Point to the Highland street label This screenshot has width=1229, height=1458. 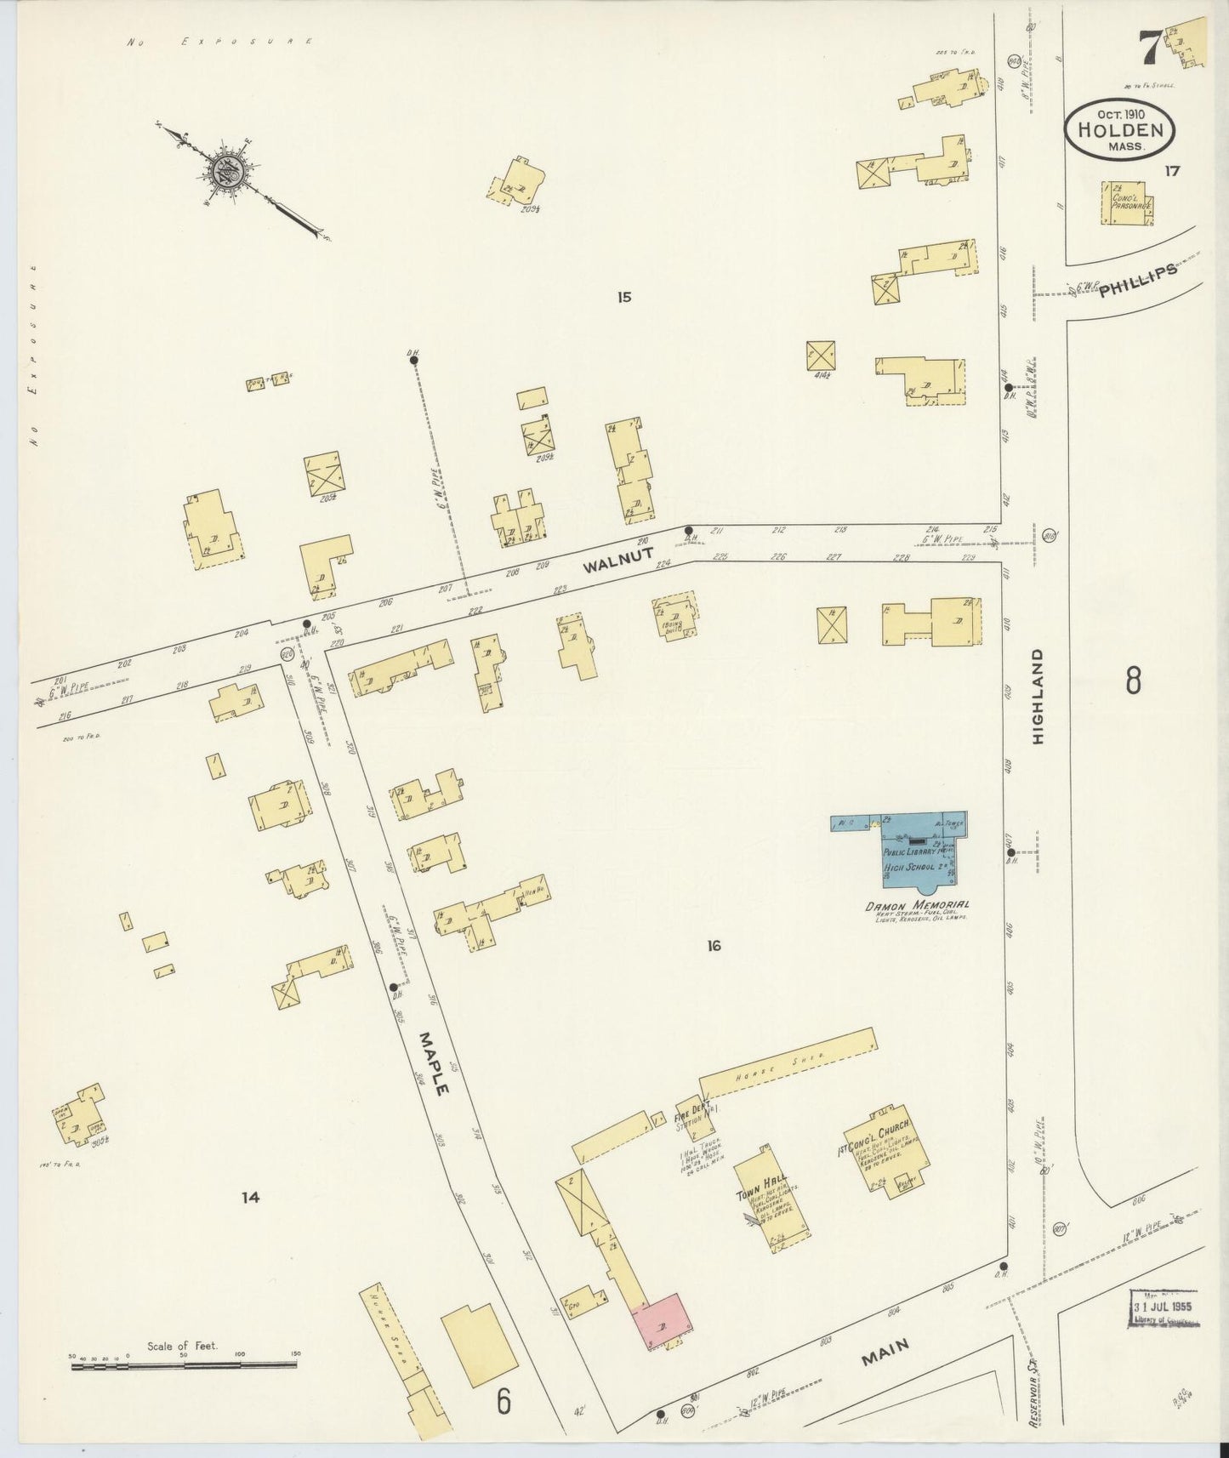tap(1038, 698)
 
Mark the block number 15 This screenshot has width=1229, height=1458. tap(625, 297)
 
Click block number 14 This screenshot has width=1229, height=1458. tap(249, 1197)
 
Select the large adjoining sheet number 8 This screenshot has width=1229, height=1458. tap(1132, 681)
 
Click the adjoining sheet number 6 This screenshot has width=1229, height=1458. tap(504, 1402)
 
